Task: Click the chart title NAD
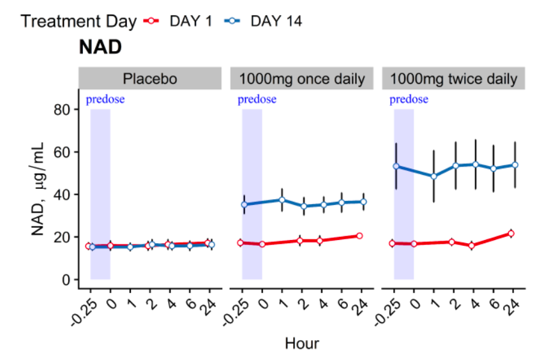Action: [100, 47]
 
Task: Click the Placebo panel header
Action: [149, 79]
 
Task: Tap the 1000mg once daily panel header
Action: [301, 79]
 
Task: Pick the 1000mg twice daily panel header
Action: [453, 79]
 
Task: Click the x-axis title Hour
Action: [301, 343]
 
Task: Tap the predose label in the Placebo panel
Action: [105, 99]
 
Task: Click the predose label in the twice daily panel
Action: [409, 99]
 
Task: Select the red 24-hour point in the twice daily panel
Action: [511, 234]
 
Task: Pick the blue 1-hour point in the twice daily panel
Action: [434, 176]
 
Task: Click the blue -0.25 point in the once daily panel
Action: [244, 205]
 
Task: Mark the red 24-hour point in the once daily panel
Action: [359, 236]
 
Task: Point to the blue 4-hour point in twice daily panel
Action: [474, 164]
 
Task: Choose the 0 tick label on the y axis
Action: [66, 280]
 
